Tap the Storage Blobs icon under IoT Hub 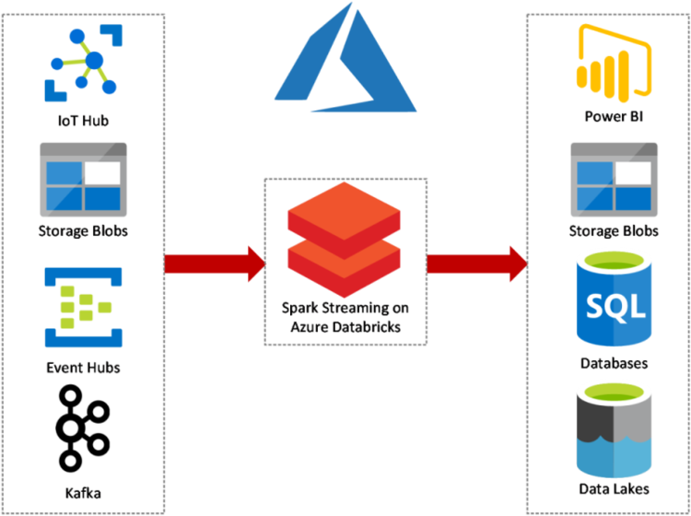tap(84, 178)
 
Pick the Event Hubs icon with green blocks tap(84, 307)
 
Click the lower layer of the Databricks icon tap(344, 264)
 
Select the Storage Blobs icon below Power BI tap(614, 178)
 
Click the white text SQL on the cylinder tap(614, 303)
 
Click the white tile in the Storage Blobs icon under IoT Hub tap(102, 172)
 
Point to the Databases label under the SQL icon tap(614, 363)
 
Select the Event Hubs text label tap(84, 369)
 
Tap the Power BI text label tap(614, 117)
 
